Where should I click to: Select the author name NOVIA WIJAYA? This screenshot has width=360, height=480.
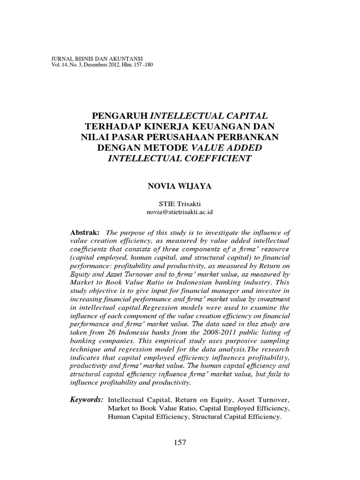[x=180, y=186]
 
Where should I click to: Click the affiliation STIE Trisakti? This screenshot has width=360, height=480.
[x=180, y=204]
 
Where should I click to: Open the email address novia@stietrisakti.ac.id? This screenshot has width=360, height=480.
[x=180, y=212]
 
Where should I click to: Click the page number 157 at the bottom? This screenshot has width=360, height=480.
[x=180, y=442]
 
